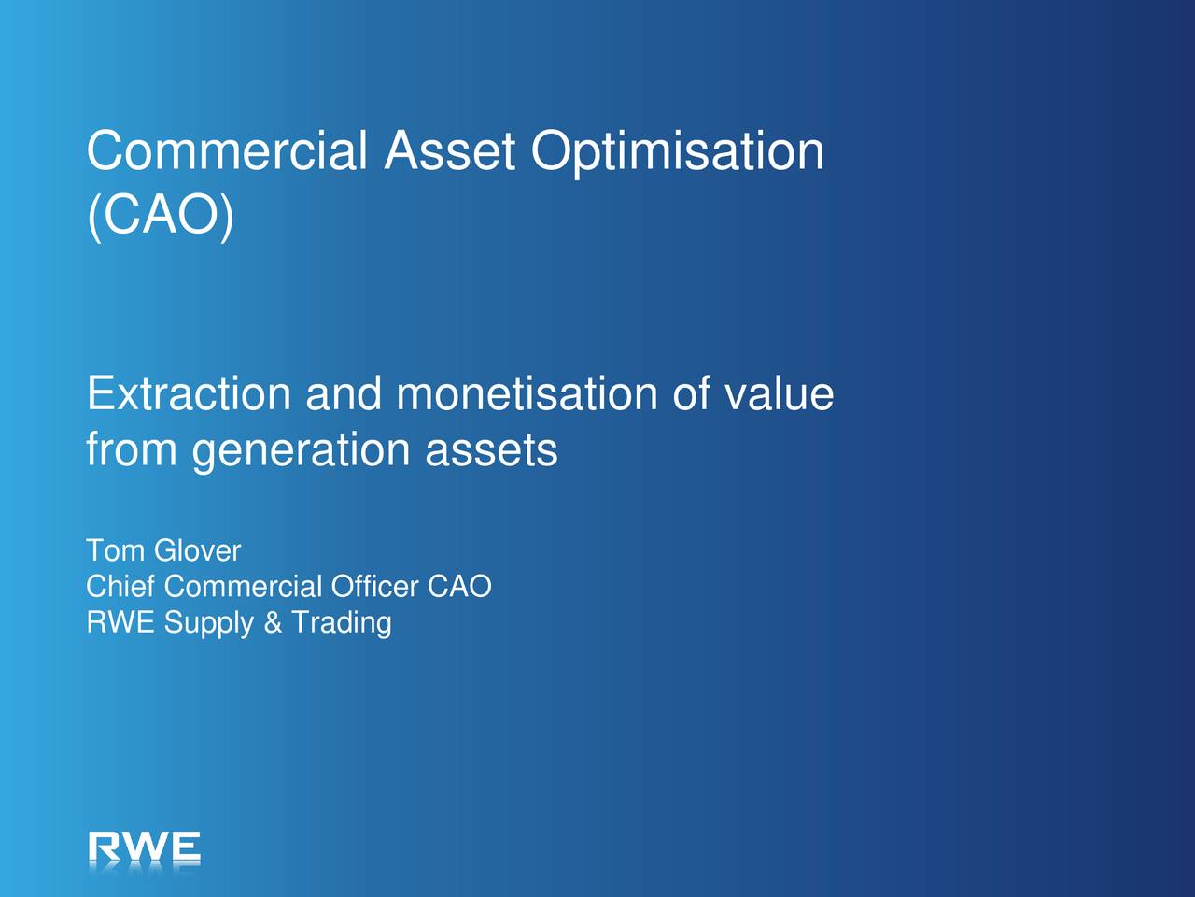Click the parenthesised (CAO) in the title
(x=161, y=216)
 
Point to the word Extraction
(x=189, y=392)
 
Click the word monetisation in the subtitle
(x=527, y=392)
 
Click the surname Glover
(x=198, y=550)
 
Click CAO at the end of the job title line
(x=459, y=586)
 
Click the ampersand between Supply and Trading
(x=273, y=622)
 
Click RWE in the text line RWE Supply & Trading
(x=120, y=622)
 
